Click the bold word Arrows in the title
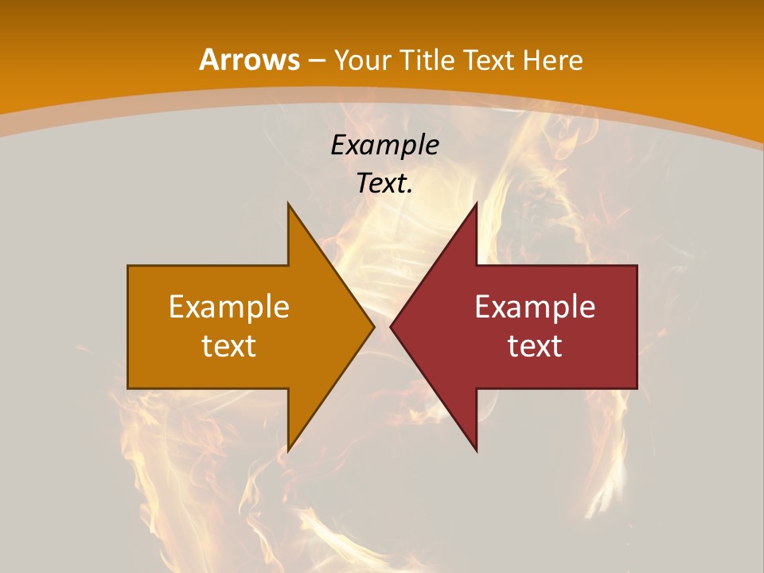(x=249, y=60)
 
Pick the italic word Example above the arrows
(x=385, y=146)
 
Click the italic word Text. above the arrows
(x=385, y=184)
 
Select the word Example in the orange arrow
(x=229, y=307)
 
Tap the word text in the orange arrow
(x=229, y=346)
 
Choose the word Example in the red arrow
(x=535, y=307)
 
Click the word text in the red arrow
(x=535, y=346)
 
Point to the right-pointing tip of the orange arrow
(x=373, y=326)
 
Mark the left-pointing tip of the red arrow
(x=391, y=326)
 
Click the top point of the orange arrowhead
(x=289, y=204)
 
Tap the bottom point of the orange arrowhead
(x=289, y=451)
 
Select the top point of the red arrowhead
(x=476, y=204)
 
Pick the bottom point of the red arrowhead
(x=476, y=451)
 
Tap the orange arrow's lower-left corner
(x=128, y=388)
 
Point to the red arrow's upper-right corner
(x=637, y=266)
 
